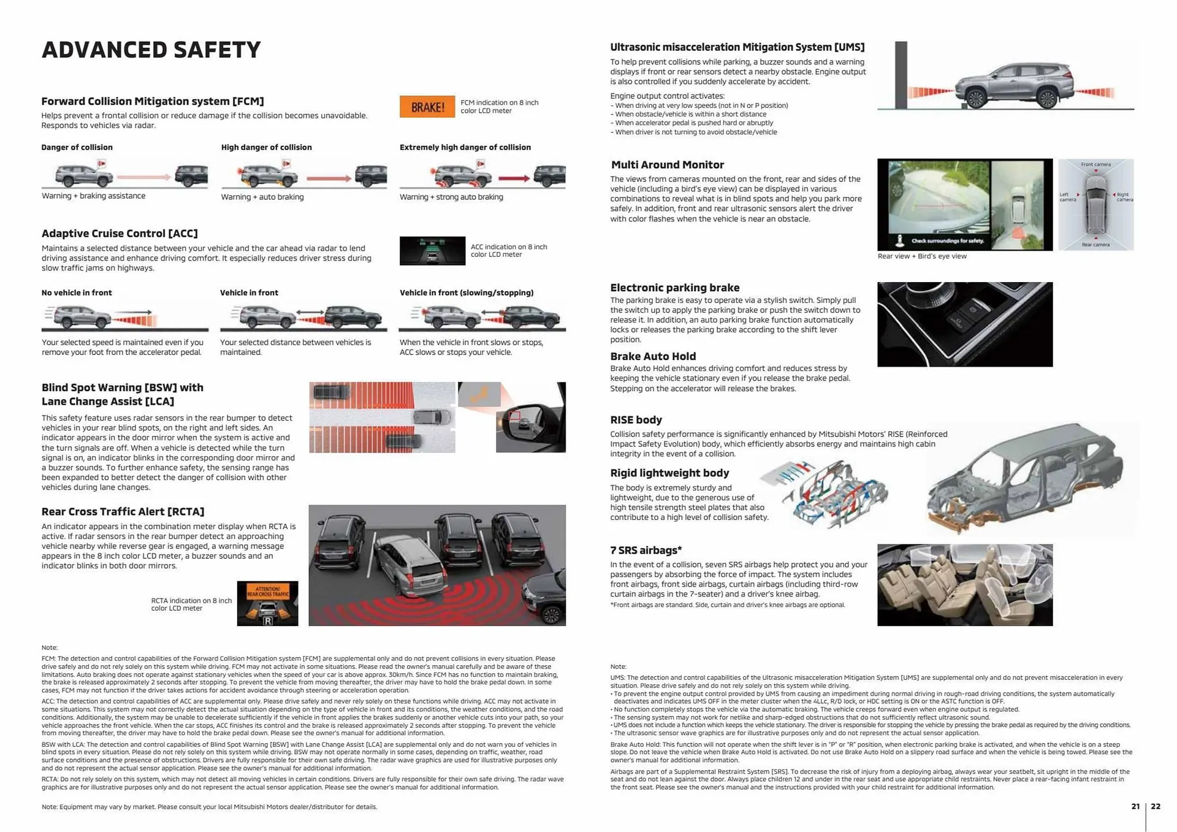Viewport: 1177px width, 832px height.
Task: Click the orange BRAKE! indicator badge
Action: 427,107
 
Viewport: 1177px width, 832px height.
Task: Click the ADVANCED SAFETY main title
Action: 151,50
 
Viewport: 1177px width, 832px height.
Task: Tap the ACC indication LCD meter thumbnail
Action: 432,251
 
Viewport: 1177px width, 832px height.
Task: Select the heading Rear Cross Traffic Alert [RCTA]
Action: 123,511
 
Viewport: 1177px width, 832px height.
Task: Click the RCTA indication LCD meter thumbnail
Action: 267,603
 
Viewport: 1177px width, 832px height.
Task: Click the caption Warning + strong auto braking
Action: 451,197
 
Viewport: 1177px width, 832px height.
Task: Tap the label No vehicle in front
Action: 77,292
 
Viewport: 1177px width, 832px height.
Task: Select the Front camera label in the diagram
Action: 1095,164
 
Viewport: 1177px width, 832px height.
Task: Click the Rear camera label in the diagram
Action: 1095,245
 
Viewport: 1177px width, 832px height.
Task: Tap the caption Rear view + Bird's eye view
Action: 921,256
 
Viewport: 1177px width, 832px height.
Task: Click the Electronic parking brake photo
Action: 964,324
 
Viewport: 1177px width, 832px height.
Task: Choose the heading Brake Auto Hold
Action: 653,356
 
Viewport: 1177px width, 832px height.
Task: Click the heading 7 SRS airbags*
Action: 646,550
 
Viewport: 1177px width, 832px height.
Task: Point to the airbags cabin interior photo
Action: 964,585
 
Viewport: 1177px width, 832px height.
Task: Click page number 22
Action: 1156,806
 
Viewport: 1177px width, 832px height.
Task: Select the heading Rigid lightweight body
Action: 669,473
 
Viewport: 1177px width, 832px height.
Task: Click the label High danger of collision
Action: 266,147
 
